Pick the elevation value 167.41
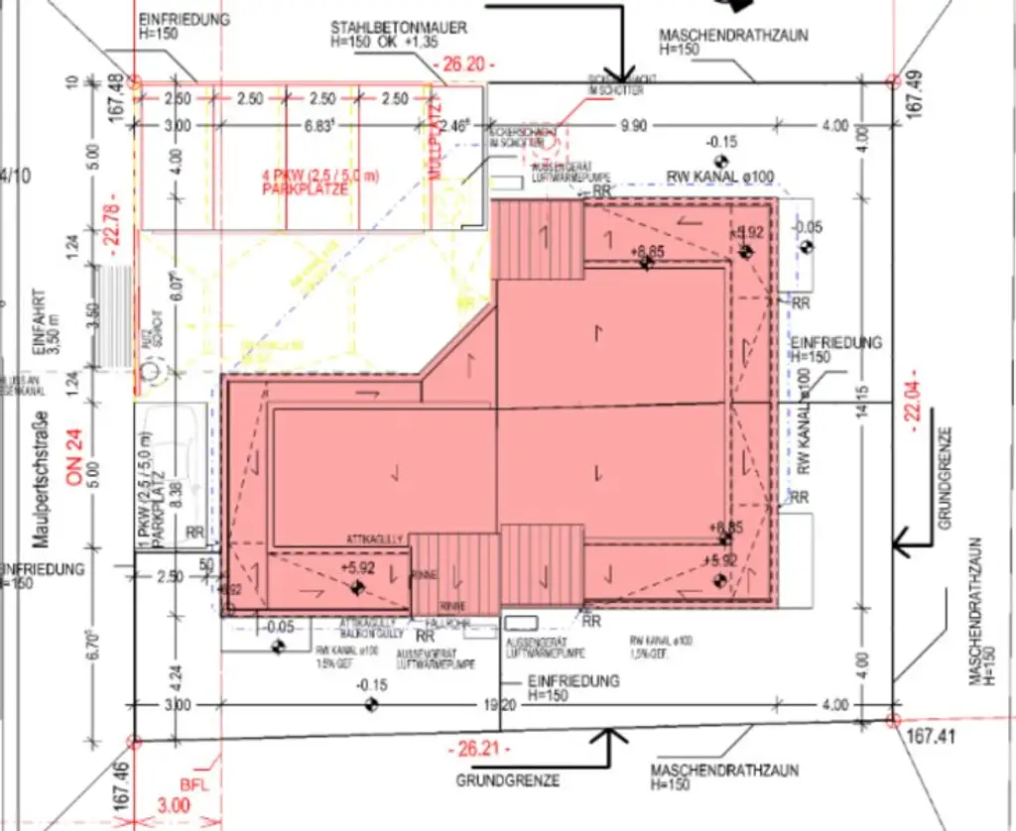[x=935, y=738]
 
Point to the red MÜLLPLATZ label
[x=433, y=143]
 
